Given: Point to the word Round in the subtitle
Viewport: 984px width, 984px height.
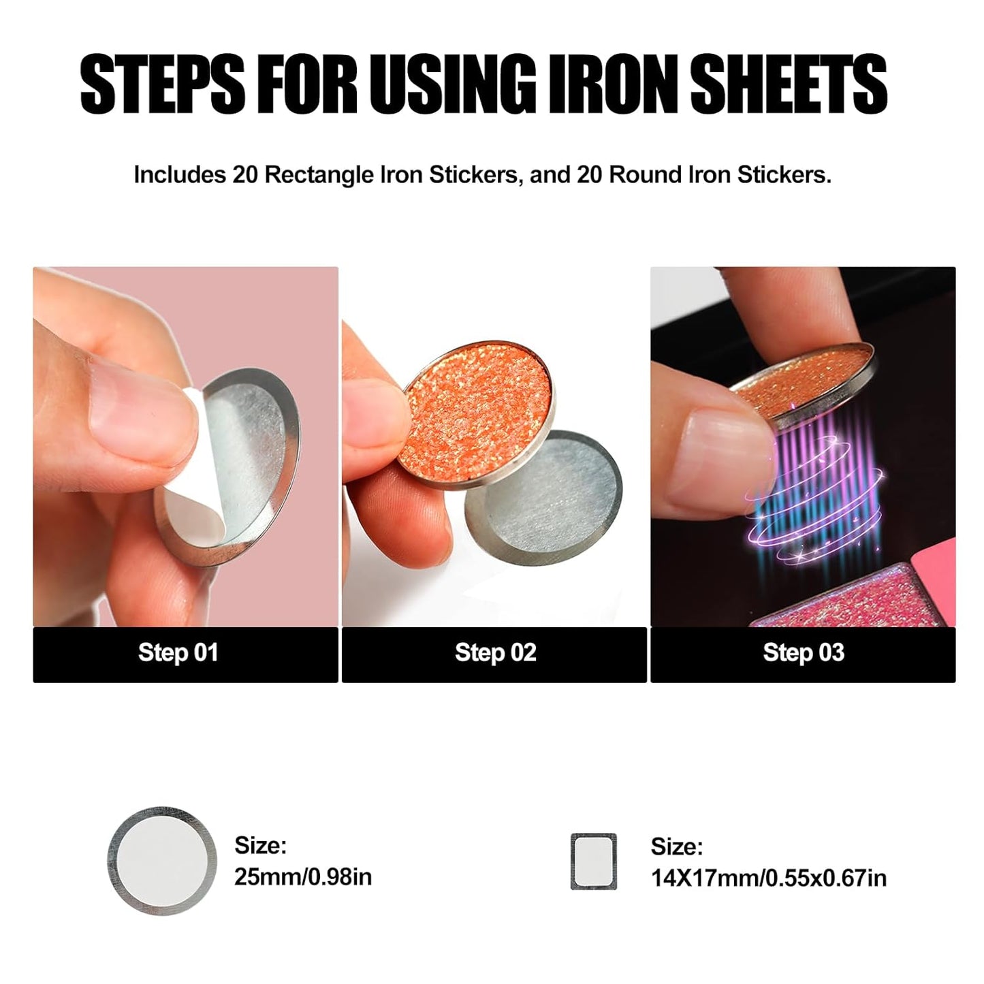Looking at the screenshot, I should coord(646,175).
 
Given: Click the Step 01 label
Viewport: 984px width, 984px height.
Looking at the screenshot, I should coord(178,652).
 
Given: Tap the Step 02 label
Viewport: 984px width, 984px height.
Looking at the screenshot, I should coord(495,652).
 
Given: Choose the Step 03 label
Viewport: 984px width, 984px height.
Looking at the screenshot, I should coord(804,652).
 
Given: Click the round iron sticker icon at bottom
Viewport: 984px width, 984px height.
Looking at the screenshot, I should coord(161,861).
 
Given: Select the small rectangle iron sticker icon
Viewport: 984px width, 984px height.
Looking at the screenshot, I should coord(593,861).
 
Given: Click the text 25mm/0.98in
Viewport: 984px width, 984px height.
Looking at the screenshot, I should coord(303,877).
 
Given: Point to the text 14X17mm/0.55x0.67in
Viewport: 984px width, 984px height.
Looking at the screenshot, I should coord(769,878).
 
